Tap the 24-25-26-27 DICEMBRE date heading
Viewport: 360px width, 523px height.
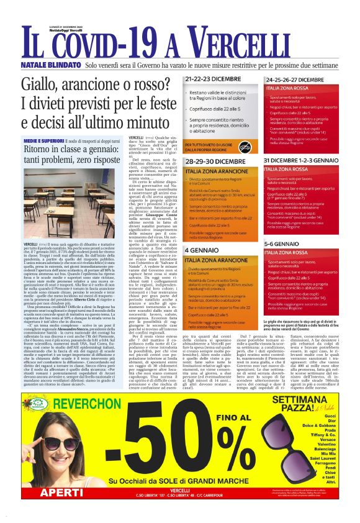pos(308,80)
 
